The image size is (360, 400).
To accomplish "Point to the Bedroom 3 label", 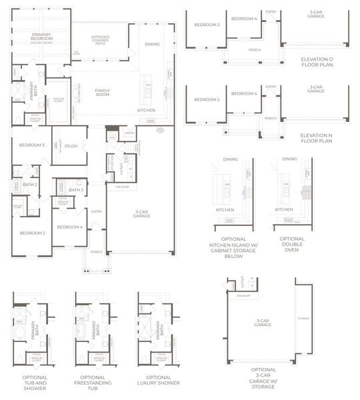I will coord(31,145).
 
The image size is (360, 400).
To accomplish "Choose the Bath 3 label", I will coord(75,190).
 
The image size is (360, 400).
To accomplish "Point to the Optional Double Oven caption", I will coord(292,243).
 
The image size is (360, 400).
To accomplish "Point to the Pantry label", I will coord(129,133).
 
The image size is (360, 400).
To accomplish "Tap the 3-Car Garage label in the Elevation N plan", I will coord(316,89).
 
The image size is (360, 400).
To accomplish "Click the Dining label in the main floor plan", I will coord(152,44).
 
